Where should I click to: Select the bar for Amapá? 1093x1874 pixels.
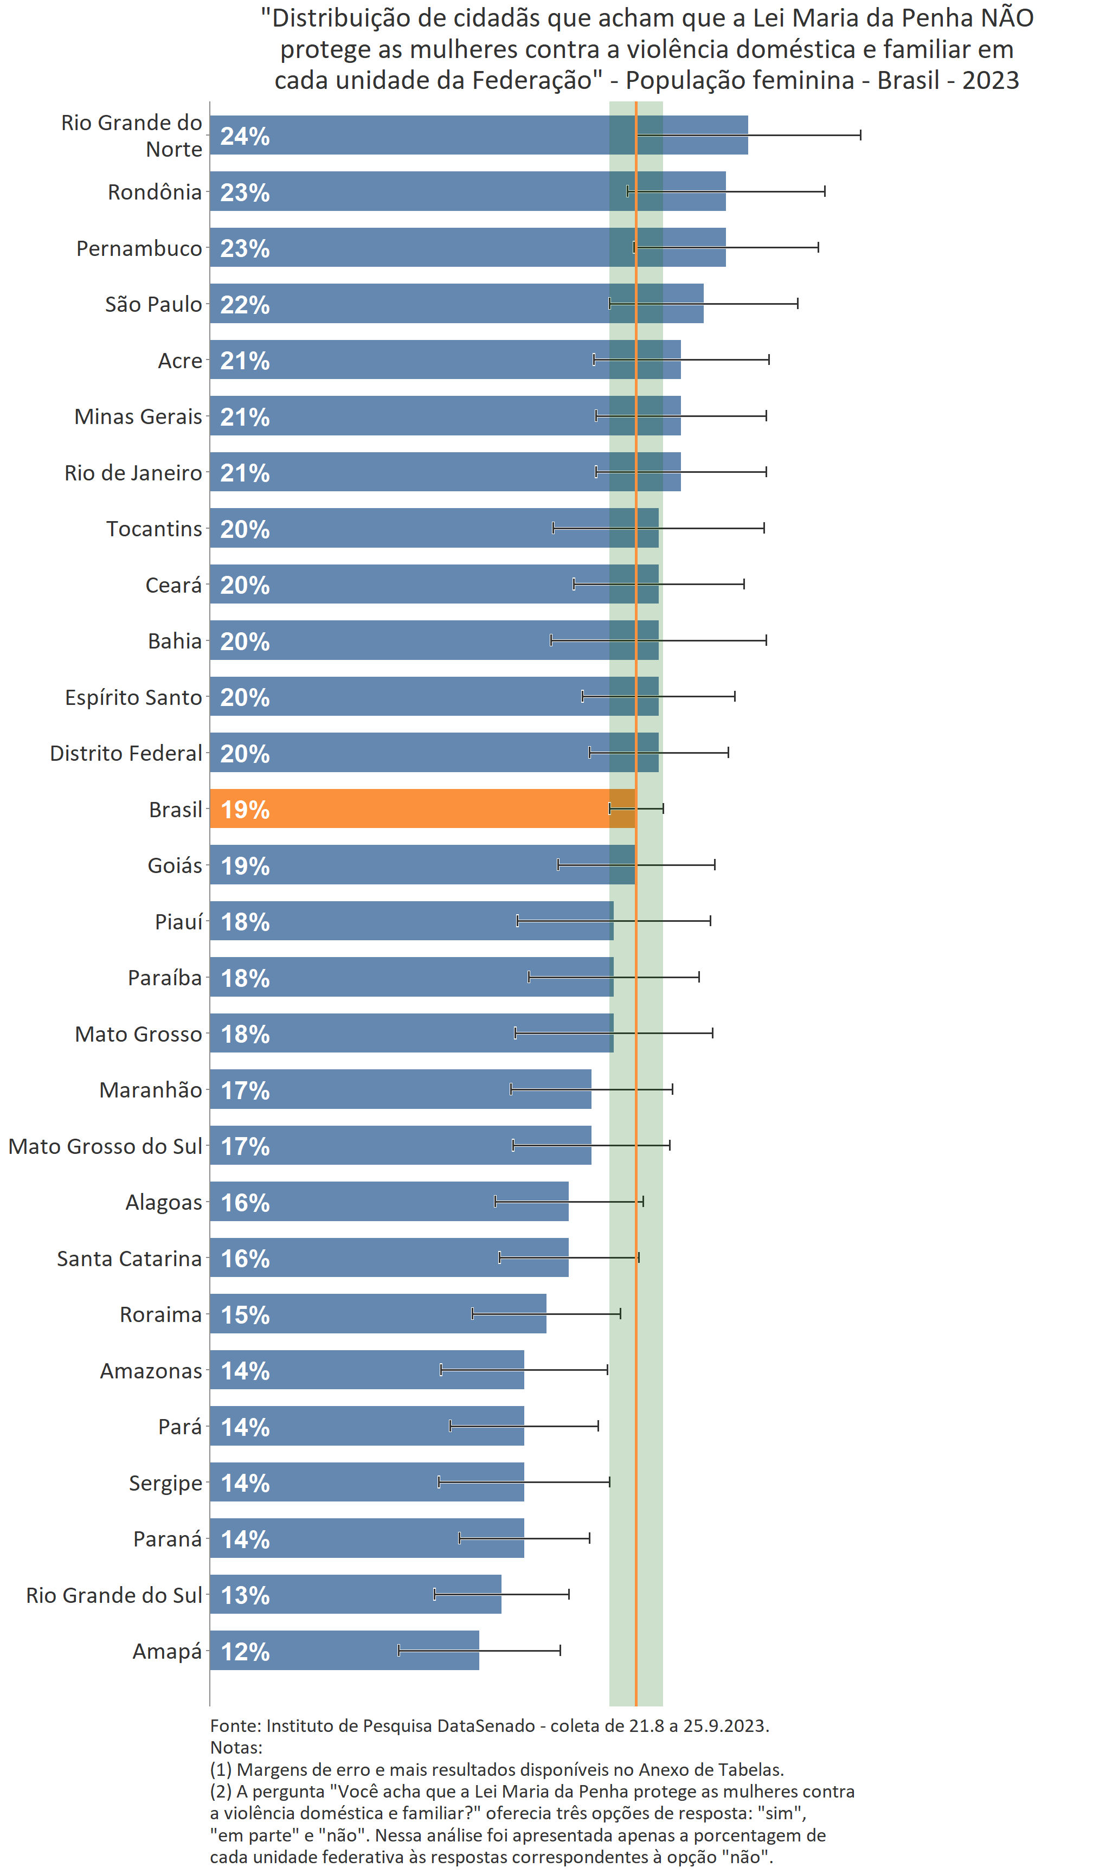[x=344, y=1650]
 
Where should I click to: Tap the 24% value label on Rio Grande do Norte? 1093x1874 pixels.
[x=245, y=136]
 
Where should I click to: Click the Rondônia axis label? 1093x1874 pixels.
[x=155, y=192]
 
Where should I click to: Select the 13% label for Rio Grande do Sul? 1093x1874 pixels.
[x=245, y=1595]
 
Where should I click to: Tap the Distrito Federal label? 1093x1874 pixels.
[x=126, y=753]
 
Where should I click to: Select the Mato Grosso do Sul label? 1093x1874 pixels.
[x=105, y=1146]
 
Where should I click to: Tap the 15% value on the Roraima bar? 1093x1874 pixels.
[x=245, y=1315]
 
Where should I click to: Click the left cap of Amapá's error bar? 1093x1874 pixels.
[x=399, y=1650]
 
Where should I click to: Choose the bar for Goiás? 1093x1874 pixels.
[x=422, y=865]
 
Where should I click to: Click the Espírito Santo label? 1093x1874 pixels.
[x=133, y=697]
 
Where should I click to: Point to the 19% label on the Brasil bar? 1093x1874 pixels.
[x=245, y=809]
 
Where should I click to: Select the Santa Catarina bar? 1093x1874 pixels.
[x=388, y=1257]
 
